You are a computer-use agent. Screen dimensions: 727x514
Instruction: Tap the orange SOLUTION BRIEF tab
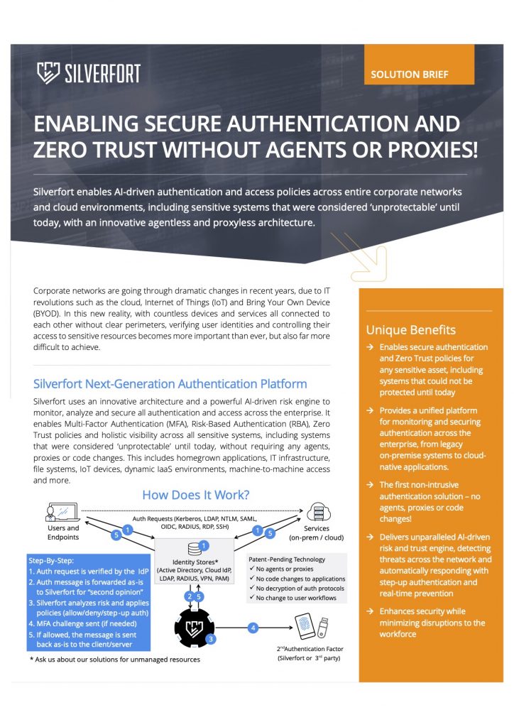click(x=410, y=74)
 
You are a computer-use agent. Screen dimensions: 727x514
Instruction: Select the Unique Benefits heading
click(x=411, y=329)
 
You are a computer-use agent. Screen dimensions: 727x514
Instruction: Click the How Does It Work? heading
click(x=196, y=495)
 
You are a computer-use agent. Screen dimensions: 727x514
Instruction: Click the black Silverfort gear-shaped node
click(x=194, y=627)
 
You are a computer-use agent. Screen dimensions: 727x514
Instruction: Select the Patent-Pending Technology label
click(x=287, y=559)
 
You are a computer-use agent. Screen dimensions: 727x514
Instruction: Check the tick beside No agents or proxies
click(x=253, y=569)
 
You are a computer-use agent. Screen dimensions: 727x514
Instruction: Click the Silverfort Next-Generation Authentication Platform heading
click(x=170, y=384)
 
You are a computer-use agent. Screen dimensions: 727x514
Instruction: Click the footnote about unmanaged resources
click(x=115, y=660)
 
